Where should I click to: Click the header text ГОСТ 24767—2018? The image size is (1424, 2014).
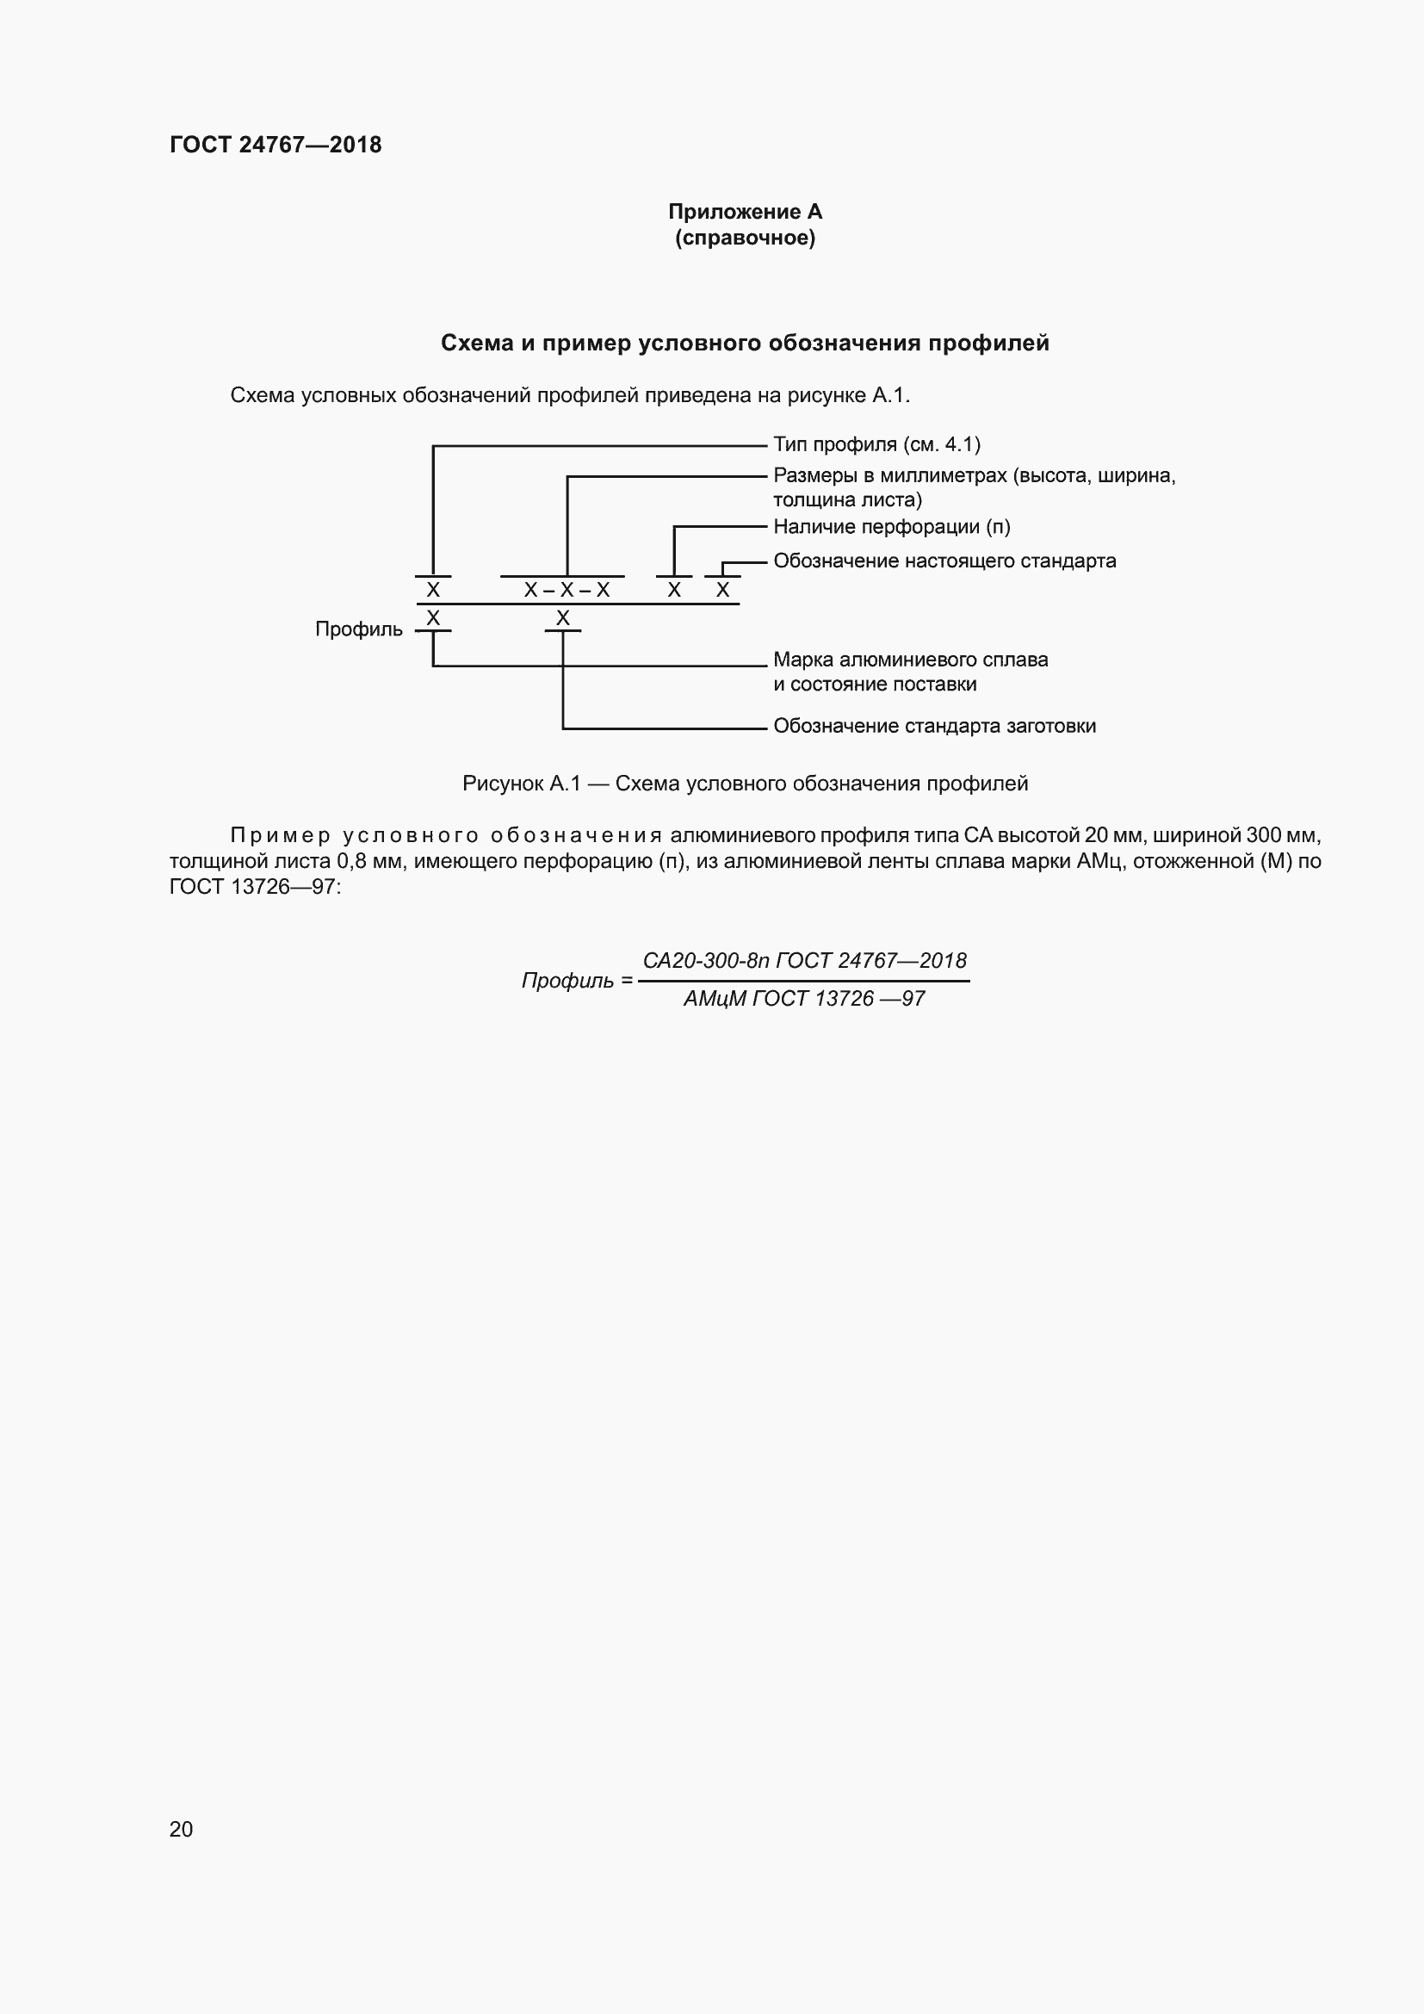(x=276, y=145)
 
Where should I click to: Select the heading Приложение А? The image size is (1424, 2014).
(x=745, y=212)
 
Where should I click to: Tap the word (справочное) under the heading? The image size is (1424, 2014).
(x=745, y=238)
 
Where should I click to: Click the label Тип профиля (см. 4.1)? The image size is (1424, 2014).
(x=876, y=444)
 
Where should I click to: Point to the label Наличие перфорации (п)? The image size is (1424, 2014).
(x=892, y=527)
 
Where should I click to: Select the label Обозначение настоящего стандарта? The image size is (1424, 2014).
(x=944, y=561)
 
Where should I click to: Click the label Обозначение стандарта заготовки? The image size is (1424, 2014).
(x=934, y=727)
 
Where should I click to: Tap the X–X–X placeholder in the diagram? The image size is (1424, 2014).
(x=567, y=591)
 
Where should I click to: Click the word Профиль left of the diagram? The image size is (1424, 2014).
(x=359, y=629)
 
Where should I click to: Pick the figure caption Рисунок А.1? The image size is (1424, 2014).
(x=521, y=784)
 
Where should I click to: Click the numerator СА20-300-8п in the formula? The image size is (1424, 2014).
(x=706, y=961)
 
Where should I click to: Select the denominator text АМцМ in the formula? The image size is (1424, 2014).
(x=714, y=999)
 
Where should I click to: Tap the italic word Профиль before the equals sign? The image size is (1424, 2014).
(x=567, y=981)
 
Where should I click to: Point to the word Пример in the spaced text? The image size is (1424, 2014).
(x=280, y=835)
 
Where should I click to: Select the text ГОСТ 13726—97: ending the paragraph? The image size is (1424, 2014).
(x=255, y=887)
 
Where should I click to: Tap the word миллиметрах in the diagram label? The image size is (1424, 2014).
(x=943, y=476)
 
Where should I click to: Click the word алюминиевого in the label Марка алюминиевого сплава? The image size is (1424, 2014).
(x=911, y=660)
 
